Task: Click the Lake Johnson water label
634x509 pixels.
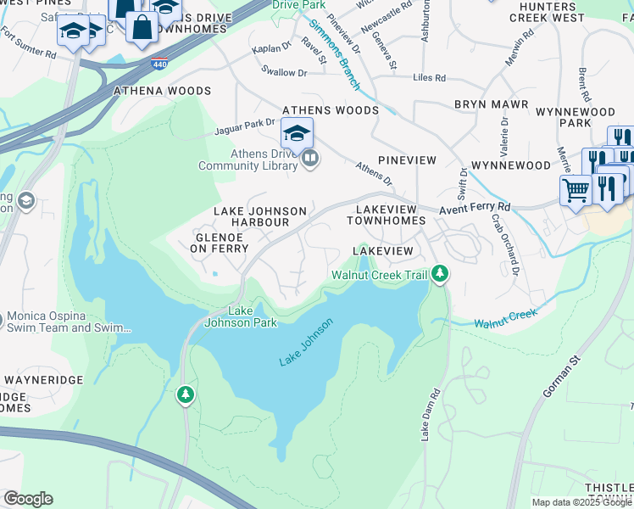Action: pyautogui.click(x=306, y=343)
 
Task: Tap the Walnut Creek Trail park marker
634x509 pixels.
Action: pyautogui.click(x=439, y=273)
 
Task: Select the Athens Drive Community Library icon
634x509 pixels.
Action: pyautogui.click(x=310, y=159)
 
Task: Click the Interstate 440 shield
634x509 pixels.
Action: pyautogui.click(x=158, y=64)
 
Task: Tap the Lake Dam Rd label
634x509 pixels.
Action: pyautogui.click(x=431, y=415)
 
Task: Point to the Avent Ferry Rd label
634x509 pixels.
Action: pyautogui.click(x=474, y=207)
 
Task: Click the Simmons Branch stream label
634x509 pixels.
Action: pyautogui.click(x=334, y=55)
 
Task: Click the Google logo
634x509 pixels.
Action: pyautogui.click(x=28, y=499)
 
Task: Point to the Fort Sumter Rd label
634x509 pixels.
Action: pyautogui.click(x=28, y=44)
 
